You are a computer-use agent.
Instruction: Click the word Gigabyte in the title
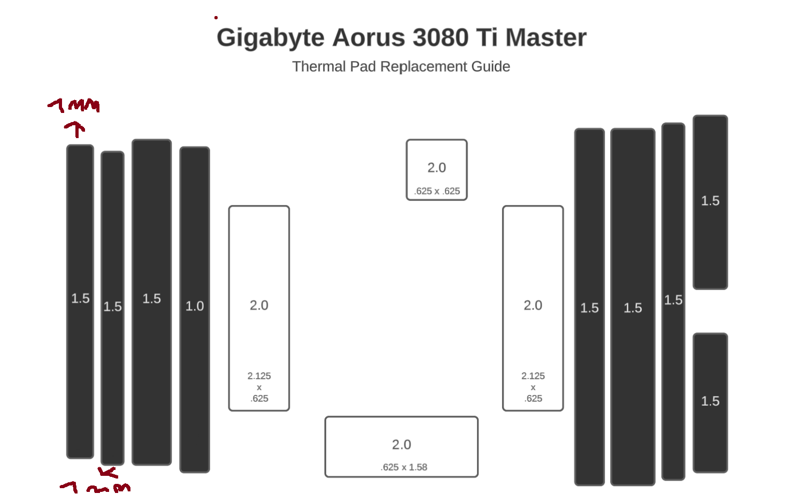point(270,38)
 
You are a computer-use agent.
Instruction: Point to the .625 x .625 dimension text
point(436,191)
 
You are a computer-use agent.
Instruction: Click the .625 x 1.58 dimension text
point(404,467)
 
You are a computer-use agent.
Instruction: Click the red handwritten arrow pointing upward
point(75,129)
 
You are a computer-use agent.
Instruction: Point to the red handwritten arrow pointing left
point(107,472)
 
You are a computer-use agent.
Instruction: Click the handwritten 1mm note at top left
point(74,105)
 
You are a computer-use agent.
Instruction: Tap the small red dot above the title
point(216,18)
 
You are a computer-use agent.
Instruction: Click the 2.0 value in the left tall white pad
point(259,305)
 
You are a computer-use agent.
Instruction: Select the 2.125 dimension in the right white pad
point(533,376)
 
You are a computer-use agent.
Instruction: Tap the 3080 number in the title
point(440,38)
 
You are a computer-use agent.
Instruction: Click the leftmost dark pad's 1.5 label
point(80,298)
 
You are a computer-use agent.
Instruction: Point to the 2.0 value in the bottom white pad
point(401,444)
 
